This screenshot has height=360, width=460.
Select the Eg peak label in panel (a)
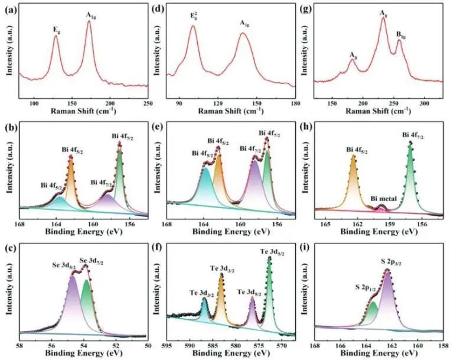pyautogui.click(x=56, y=28)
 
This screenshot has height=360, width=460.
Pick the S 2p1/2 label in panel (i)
pyautogui.click(x=367, y=287)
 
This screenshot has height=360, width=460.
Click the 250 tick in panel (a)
pyautogui.click(x=148, y=103)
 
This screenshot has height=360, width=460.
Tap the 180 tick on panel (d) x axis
pyautogui.click(x=292, y=103)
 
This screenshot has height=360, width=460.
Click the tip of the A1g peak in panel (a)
pyautogui.click(x=89, y=21)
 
